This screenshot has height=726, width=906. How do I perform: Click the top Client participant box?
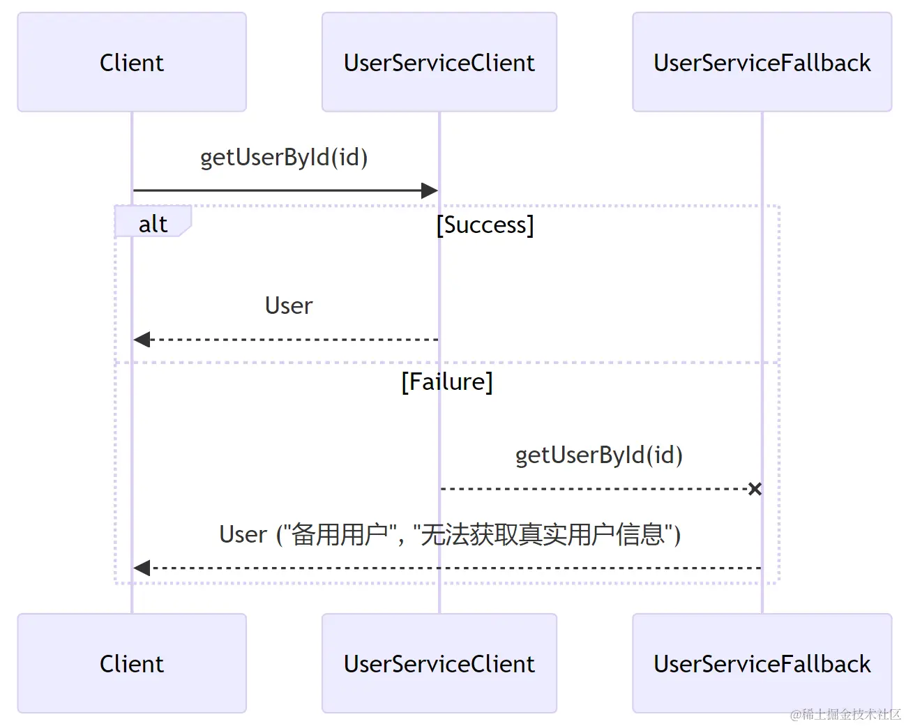(x=132, y=62)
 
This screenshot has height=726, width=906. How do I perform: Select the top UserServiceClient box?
(x=439, y=62)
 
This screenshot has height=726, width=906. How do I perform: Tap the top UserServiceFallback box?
(x=762, y=62)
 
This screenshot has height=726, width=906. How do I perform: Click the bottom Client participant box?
(x=132, y=663)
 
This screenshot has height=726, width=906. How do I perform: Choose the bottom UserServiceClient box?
(x=439, y=663)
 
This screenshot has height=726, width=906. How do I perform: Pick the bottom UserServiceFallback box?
(x=762, y=663)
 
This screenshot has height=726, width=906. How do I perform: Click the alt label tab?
(x=153, y=222)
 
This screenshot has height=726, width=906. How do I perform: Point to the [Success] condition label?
(x=485, y=225)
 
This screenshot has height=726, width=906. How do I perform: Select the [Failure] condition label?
(x=447, y=382)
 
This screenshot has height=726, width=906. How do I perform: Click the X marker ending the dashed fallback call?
(x=755, y=489)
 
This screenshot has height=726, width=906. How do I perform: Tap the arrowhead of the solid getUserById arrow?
(x=430, y=190)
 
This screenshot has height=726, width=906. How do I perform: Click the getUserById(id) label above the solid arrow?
(x=284, y=158)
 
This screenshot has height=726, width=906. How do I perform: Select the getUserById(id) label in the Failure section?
(x=599, y=455)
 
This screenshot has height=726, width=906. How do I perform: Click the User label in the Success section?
(x=289, y=305)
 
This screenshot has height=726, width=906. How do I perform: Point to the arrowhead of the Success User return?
(x=142, y=340)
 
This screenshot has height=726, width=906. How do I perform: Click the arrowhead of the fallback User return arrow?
(x=142, y=568)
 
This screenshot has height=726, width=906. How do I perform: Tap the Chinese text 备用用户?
(x=340, y=535)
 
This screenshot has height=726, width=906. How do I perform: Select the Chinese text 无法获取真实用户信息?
(x=543, y=535)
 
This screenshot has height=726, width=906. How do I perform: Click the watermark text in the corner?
(x=845, y=714)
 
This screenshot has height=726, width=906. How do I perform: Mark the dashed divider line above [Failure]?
(x=447, y=362)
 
